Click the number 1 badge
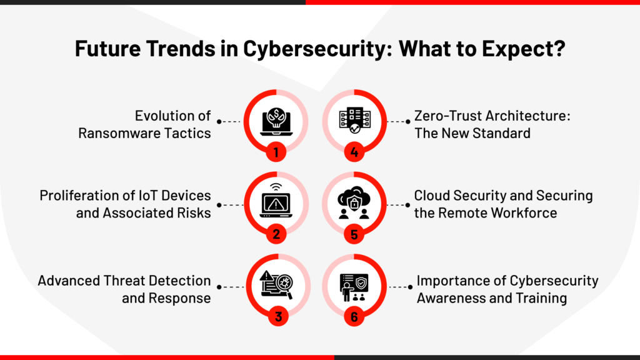tap(276, 152)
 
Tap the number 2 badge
tap(276, 234)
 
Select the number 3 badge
tap(278, 316)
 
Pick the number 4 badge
tap(354, 152)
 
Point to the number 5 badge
tap(354, 234)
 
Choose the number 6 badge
tap(354, 316)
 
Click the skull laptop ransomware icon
tap(276, 122)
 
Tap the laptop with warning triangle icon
tap(276, 201)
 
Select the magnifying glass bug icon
tap(277, 284)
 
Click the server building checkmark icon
tap(355, 120)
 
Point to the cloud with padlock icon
tap(354, 202)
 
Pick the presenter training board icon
tap(354, 287)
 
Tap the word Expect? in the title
tap(524, 49)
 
